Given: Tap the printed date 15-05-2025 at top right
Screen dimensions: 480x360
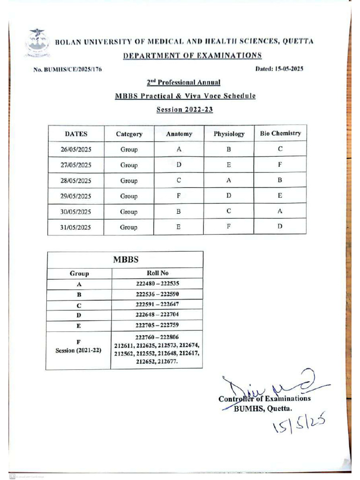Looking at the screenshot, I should (x=279, y=69).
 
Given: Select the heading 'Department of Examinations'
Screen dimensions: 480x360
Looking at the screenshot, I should (x=192, y=56).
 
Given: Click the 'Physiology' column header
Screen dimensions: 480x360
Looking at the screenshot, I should (x=229, y=134).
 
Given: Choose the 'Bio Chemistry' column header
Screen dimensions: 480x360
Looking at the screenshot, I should (x=280, y=133).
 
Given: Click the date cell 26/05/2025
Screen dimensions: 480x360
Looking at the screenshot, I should (x=76, y=150).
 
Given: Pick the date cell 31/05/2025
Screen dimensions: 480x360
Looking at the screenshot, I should (x=76, y=227).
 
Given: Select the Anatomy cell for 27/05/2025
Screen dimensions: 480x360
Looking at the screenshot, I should (x=179, y=165).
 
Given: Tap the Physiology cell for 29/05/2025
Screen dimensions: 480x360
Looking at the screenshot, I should (x=229, y=196).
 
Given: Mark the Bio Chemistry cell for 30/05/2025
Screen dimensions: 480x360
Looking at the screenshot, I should (x=280, y=211).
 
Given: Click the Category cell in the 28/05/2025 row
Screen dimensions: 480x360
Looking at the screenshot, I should (x=129, y=180).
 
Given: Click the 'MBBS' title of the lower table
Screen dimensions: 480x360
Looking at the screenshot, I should (x=125, y=259).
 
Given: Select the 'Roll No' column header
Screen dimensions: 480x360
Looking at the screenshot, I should (x=157, y=273).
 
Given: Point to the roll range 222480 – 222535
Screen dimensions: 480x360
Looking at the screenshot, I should (x=157, y=284).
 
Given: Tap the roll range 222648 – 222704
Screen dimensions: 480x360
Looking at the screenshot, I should (x=157, y=315).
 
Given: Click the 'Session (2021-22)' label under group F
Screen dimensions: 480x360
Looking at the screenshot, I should (x=78, y=350).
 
